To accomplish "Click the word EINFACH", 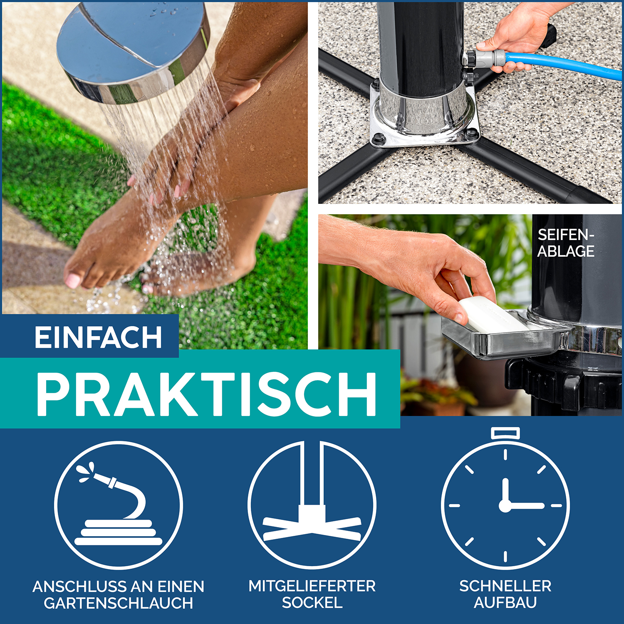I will tap(98, 337).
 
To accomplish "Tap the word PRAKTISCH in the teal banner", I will tap(207, 394).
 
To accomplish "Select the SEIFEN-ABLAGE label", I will tap(566, 243).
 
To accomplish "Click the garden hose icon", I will tap(119, 505).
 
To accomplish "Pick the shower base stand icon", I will tap(312, 505).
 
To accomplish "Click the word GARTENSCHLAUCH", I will tap(119, 603).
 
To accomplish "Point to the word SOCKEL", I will tap(312, 603).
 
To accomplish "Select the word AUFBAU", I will tap(505, 603).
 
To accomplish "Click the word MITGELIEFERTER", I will tap(312, 586).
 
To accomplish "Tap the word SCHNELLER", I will tap(505, 586).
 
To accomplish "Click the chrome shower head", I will tap(133, 50).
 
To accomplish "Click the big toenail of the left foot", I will tap(72, 280).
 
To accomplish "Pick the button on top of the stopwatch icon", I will tap(505, 433).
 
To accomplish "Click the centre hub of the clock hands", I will tap(505, 506).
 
